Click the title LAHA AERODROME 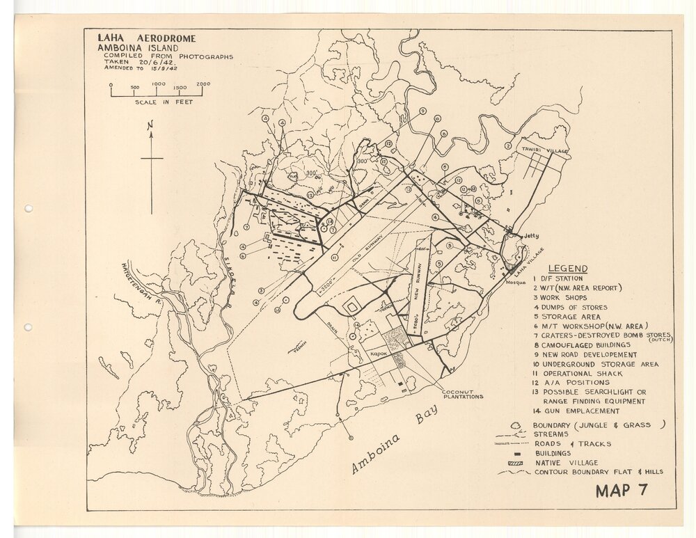[146, 38]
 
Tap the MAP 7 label [622, 490]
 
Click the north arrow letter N [150, 126]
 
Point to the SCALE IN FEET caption [164, 102]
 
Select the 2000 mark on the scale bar [203, 84]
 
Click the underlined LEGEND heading [568, 269]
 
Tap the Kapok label [378, 354]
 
